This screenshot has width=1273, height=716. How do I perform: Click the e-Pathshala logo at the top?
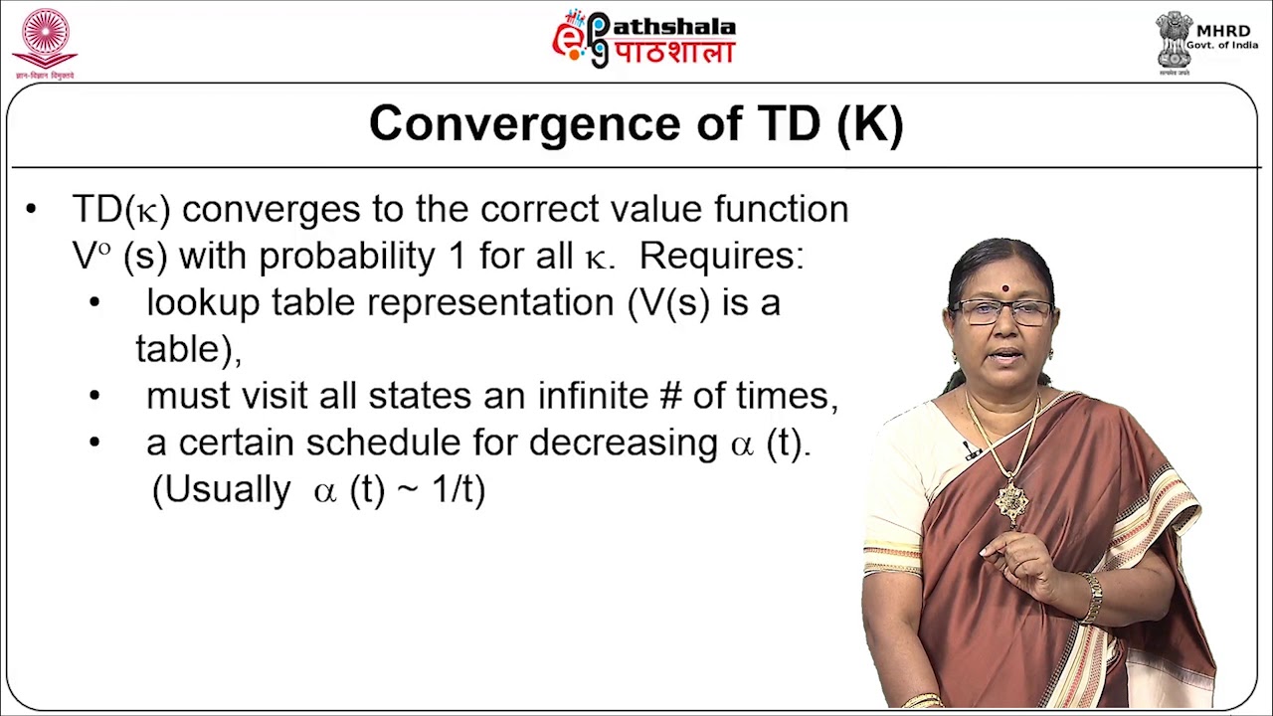[643, 40]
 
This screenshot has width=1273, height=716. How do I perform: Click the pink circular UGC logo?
[45, 38]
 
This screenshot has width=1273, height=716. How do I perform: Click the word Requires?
[720, 256]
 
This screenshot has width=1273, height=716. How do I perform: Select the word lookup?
[203, 303]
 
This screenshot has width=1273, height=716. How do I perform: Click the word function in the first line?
[781, 210]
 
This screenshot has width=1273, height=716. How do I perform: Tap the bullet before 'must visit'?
[94, 396]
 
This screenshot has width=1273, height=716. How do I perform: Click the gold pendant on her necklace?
[1011, 501]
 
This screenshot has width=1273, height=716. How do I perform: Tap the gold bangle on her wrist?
[1093, 598]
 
